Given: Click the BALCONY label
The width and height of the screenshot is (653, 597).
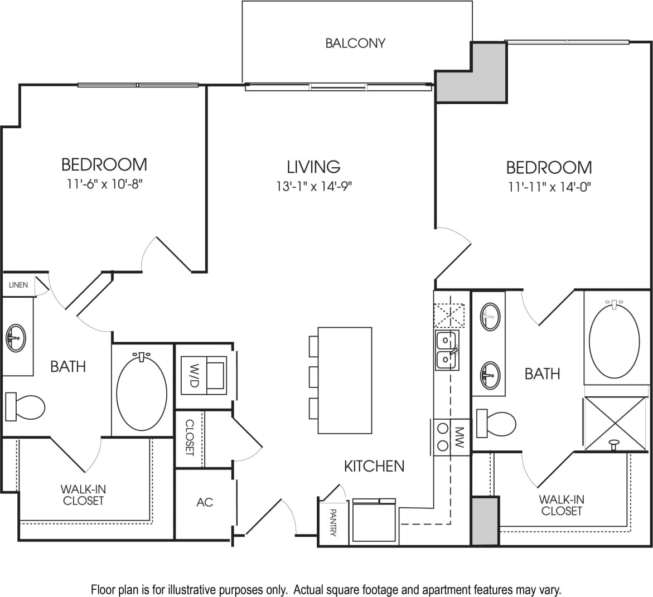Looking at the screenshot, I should click(x=355, y=43).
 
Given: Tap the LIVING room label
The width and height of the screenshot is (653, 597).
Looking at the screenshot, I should click(x=313, y=167).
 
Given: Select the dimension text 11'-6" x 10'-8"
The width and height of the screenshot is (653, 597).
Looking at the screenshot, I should click(x=104, y=183).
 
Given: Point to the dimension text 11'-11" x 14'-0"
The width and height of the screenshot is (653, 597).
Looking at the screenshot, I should click(x=549, y=187).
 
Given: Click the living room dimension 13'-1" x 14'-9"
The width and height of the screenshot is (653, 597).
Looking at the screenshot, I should click(x=313, y=186).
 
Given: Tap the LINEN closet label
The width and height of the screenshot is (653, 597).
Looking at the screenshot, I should click(x=18, y=285).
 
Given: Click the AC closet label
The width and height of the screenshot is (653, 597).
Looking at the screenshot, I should click(x=205, y=502).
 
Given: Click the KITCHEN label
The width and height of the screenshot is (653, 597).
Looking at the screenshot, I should click(x=374, y=466).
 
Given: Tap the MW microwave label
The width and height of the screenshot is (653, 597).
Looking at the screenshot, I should click(x=459, y=435).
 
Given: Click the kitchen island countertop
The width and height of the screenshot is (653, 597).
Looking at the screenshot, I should click(x=345, y=380).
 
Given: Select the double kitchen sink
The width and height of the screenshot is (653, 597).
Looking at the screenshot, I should click(x=446, y=350).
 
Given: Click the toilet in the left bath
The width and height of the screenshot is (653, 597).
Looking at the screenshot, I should click(x=25, y=406).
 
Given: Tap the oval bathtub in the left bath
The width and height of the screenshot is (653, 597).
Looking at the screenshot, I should click(x=143, y=390).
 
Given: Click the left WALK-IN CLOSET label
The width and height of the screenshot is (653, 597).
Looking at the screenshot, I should click(x=83, y=495).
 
